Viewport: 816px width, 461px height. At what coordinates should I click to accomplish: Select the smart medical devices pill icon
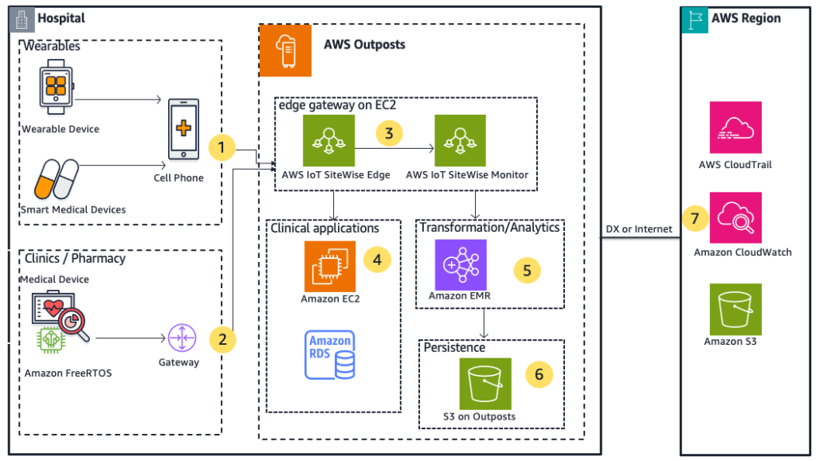(x=57, y=179)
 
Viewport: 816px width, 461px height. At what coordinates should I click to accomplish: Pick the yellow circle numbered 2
(x=223, y=339)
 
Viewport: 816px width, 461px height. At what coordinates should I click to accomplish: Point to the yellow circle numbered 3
(x=389, y=133)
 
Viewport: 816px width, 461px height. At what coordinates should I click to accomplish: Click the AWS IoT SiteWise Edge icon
(x=329, y=140)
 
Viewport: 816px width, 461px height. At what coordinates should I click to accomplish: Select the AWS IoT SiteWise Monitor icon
(x=460, y=140)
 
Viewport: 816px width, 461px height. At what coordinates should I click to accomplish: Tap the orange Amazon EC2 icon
(x=330, y=266)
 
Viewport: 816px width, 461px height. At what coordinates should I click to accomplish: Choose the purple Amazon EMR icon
(x=461, y=264)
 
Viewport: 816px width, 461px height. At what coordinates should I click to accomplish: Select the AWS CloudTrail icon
(x=736, y=127)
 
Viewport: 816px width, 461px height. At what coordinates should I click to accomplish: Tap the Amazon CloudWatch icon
(x=736, y=217)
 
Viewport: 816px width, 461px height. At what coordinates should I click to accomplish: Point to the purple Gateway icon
(x=181, y=338)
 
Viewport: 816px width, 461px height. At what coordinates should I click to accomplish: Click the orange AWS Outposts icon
(x=285, y=50)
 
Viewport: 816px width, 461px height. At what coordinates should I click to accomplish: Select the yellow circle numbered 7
(x=696, y=217)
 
